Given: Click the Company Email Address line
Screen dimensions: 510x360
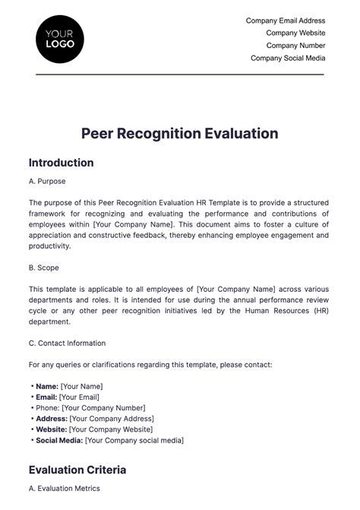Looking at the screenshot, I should [x=286, y=21].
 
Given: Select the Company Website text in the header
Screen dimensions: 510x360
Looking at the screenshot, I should [x=295, y=33].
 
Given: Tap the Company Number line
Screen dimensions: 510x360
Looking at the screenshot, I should [x=295, y=46].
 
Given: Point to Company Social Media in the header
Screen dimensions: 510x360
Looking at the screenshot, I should [x=288, y=58].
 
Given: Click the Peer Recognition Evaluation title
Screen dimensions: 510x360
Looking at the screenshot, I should [x=180, y=134].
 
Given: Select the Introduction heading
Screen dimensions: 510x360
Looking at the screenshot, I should [x=61, y=163].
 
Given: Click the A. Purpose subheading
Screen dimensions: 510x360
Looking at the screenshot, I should [x=47, y=182].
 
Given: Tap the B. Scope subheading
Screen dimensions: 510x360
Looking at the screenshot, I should [x=43, y=268].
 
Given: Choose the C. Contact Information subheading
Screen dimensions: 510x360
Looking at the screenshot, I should [x=67, y=343].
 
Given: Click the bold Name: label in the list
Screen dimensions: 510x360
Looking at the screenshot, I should [x=46, y=386].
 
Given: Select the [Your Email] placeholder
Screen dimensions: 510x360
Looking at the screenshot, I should [x=80, y=397].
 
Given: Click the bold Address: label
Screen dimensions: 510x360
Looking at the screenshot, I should [x=51, y=418].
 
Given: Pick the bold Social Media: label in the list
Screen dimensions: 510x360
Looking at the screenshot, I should [x=59, y=440].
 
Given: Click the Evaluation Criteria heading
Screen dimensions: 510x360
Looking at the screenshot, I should [x=77, y=470].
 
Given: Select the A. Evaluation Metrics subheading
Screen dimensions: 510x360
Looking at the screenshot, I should [x=64, y=488].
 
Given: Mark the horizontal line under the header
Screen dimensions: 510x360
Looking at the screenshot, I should [x=180, y=74].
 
